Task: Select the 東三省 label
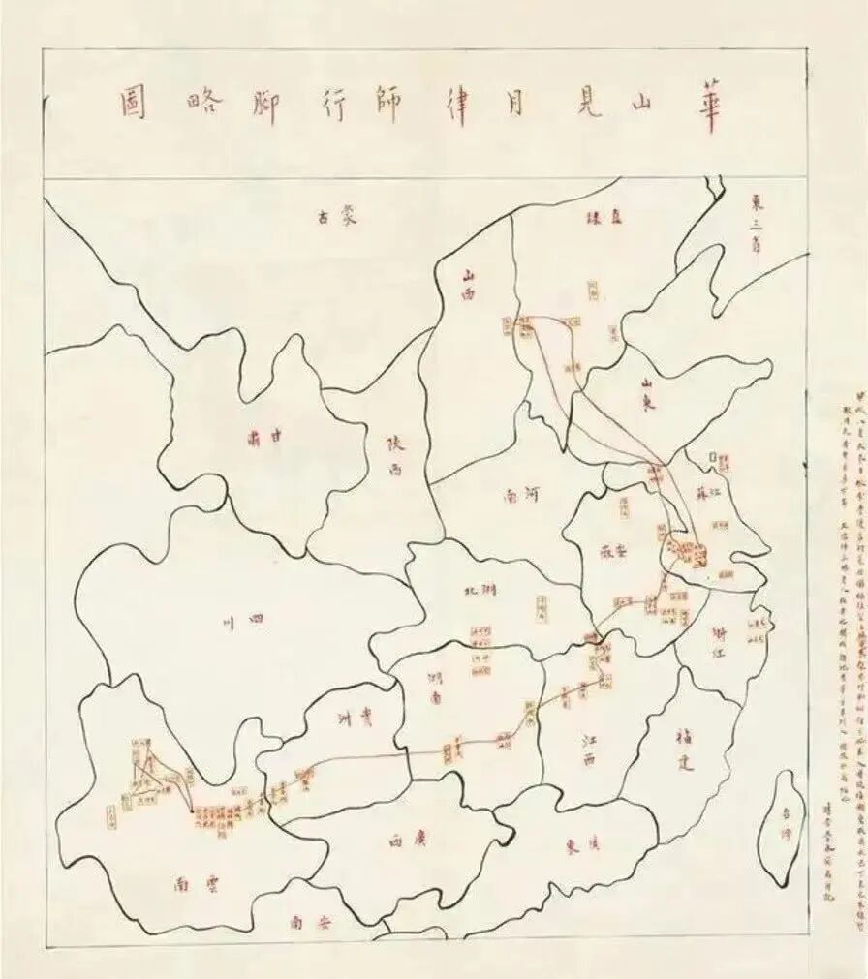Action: pyautogui.click(x=759, y=223)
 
